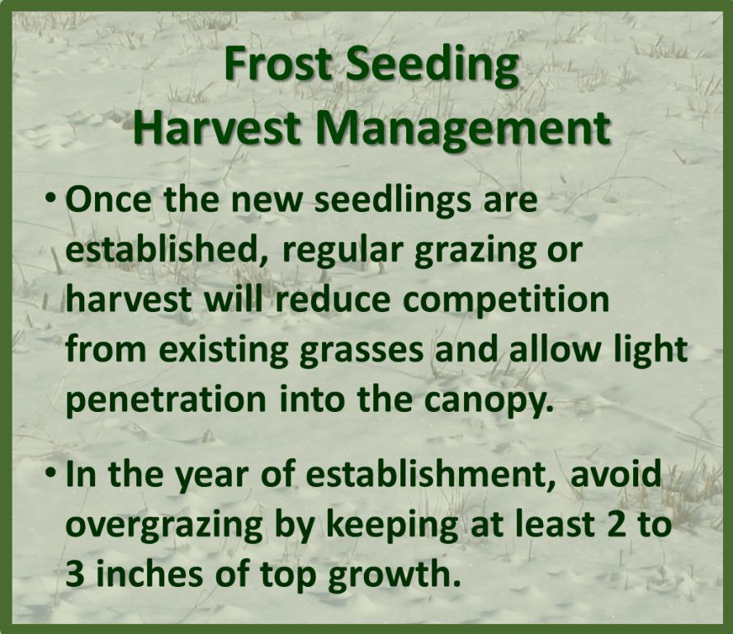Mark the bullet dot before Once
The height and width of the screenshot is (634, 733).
click(52, 201)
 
